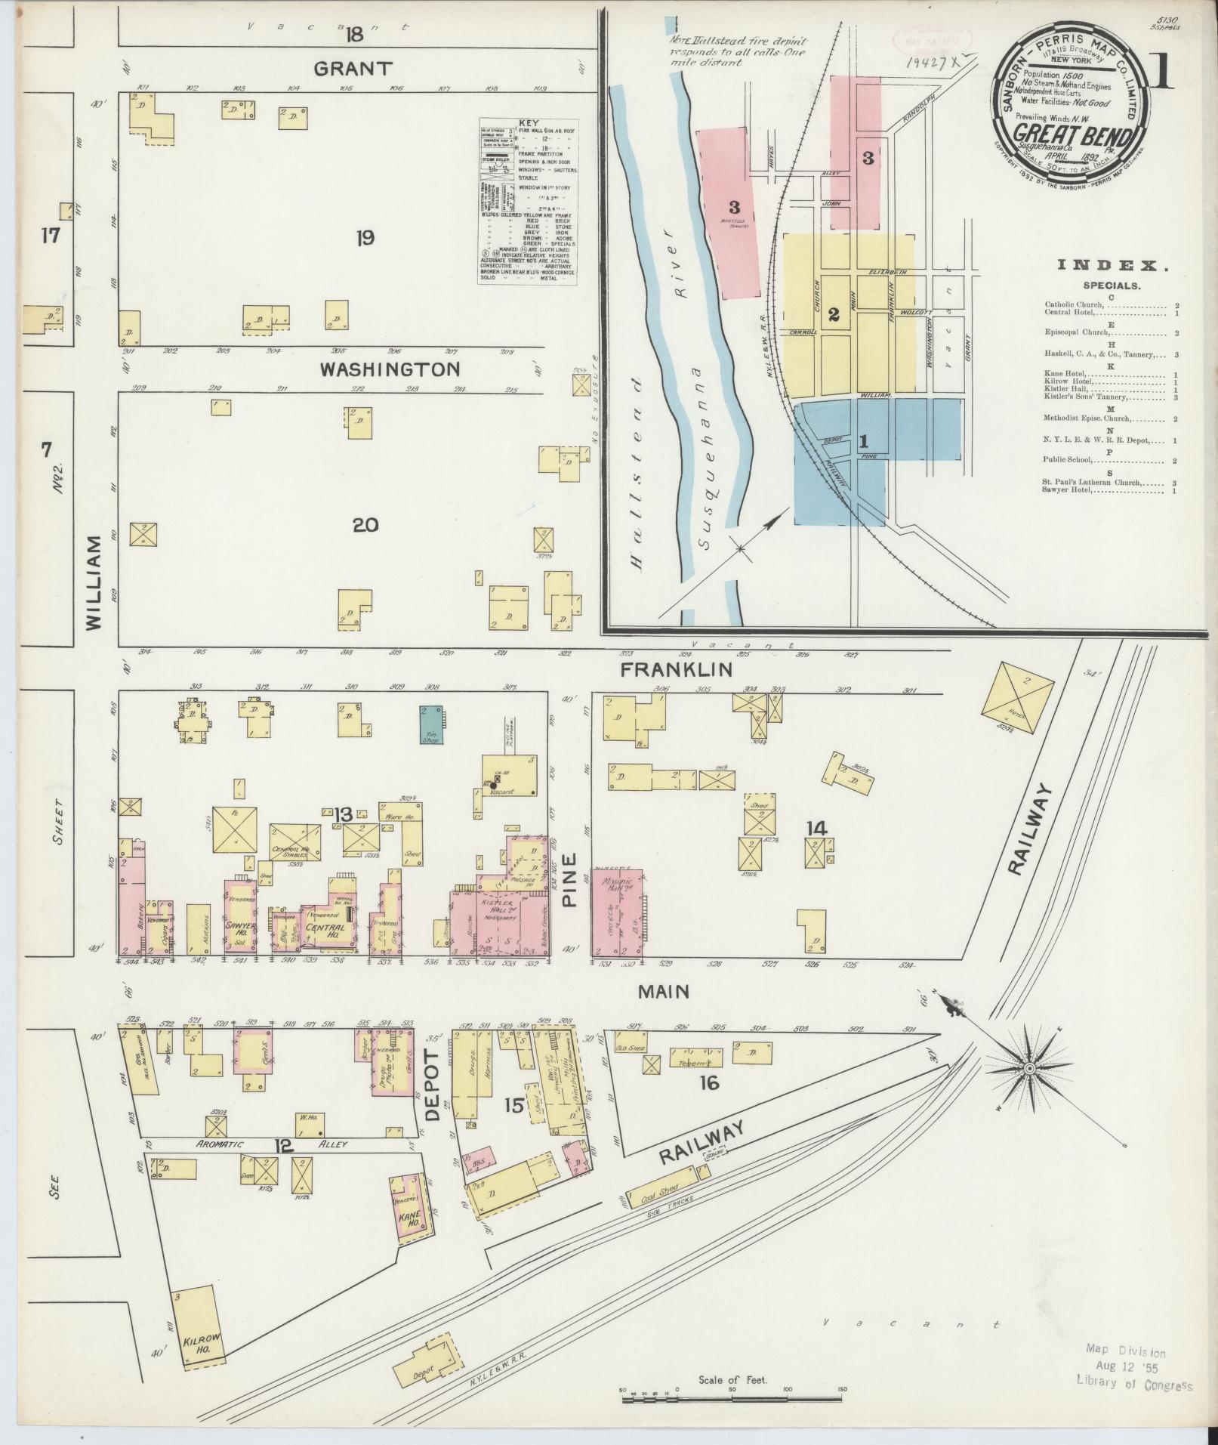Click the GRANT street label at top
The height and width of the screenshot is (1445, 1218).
353,69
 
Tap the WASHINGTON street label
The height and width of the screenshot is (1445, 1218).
389,369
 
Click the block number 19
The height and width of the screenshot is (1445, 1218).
365,239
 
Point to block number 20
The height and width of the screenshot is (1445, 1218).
365,525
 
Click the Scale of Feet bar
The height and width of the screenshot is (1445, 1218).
732,1400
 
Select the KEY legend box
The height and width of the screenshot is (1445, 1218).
528,201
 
